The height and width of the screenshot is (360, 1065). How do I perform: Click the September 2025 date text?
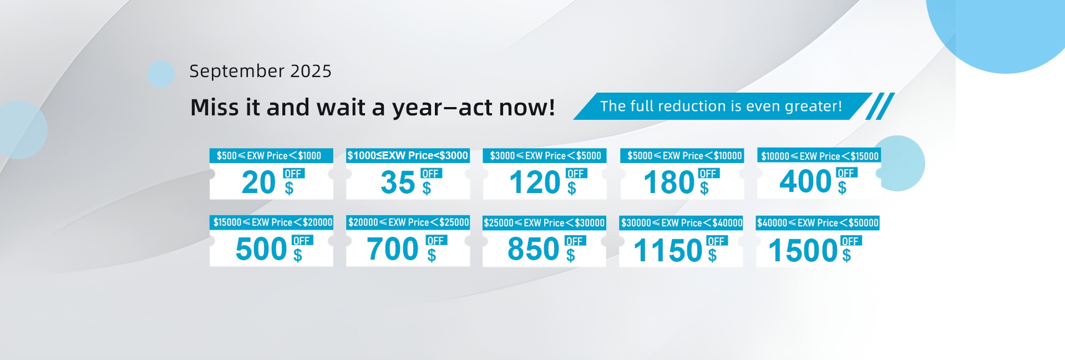[260, 72]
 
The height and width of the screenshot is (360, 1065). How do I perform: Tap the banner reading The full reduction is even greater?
[721, 106]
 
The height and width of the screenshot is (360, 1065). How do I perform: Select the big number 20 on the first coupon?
[258, 182]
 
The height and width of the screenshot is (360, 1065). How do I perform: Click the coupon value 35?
[398, 182]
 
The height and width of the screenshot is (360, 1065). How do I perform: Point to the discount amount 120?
[535, 182]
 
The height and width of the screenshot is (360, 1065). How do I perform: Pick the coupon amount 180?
[669, 182]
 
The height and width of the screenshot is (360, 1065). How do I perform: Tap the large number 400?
[805, 181]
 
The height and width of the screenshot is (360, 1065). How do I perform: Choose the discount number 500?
[261, 249]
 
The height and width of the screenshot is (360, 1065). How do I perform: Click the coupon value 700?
[393, 249]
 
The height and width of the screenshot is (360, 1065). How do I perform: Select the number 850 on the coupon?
[534, 249]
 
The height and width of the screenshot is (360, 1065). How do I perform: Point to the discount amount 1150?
[668, 251]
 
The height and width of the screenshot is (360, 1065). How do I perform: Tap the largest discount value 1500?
[803, 251]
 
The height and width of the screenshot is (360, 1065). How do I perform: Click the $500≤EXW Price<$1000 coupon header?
[271, 156]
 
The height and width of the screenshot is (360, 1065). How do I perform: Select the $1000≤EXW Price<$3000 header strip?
[408, 156]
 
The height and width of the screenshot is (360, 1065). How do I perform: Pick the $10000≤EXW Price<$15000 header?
[819, 156]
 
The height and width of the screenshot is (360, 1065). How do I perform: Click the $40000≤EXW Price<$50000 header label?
[818, 223]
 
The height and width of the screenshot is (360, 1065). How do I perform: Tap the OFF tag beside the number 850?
[575, 241]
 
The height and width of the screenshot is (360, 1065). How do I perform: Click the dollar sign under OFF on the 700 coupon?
[432, 255]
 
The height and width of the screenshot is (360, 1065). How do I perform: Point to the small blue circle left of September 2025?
[161, 74]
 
